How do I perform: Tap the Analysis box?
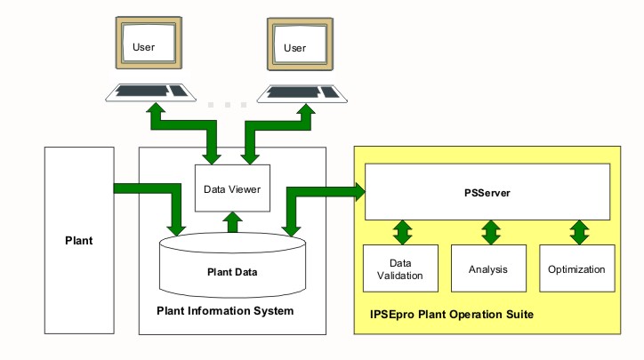point(487,269)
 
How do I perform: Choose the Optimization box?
point(576,269)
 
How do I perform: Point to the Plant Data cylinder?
point(232,264)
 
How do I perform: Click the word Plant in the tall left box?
point(79,240)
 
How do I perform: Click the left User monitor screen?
point(149,46)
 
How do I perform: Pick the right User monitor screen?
point(300,46)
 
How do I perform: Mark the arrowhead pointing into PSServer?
point(359,189)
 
